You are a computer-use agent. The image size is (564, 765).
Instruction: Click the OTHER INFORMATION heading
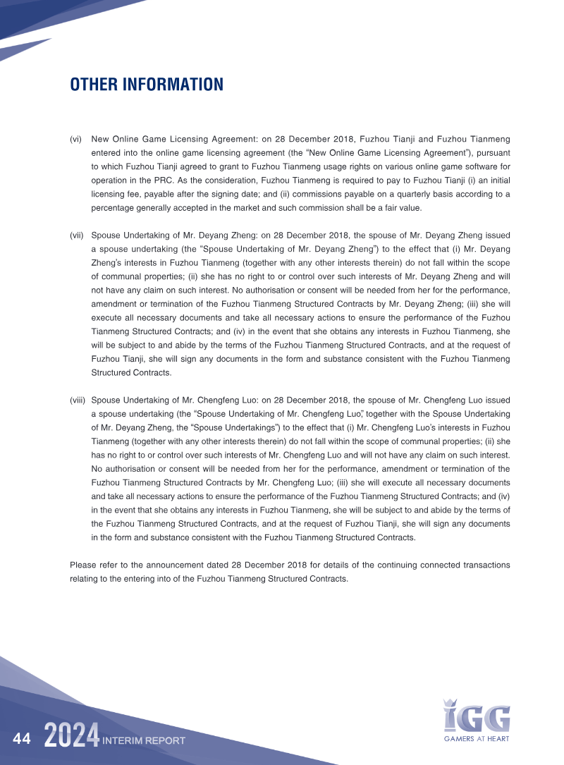[147, 85]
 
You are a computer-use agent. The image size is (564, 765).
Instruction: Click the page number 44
[22, 738]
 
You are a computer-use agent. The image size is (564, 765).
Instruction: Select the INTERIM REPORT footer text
[144, 740]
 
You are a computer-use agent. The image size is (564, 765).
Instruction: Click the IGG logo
[477, 715]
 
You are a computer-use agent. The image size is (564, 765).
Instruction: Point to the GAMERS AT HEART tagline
[477, 739]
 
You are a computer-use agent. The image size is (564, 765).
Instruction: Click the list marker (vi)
[75, 140]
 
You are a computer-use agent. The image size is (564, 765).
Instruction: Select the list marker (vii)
[77, 235]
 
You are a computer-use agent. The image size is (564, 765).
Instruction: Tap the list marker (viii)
[78, 399]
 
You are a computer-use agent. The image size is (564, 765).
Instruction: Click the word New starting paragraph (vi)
[101, 140]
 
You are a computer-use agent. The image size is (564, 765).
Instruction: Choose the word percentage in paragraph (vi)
[113, 208]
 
